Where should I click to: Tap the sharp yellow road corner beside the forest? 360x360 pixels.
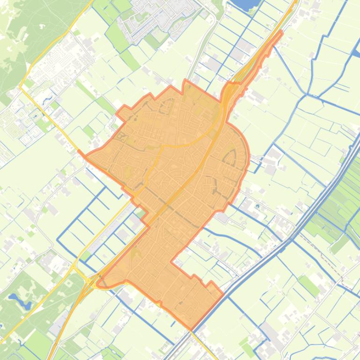click(x=21, y=86)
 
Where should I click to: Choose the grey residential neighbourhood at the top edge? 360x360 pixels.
click(x=164, y=16)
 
